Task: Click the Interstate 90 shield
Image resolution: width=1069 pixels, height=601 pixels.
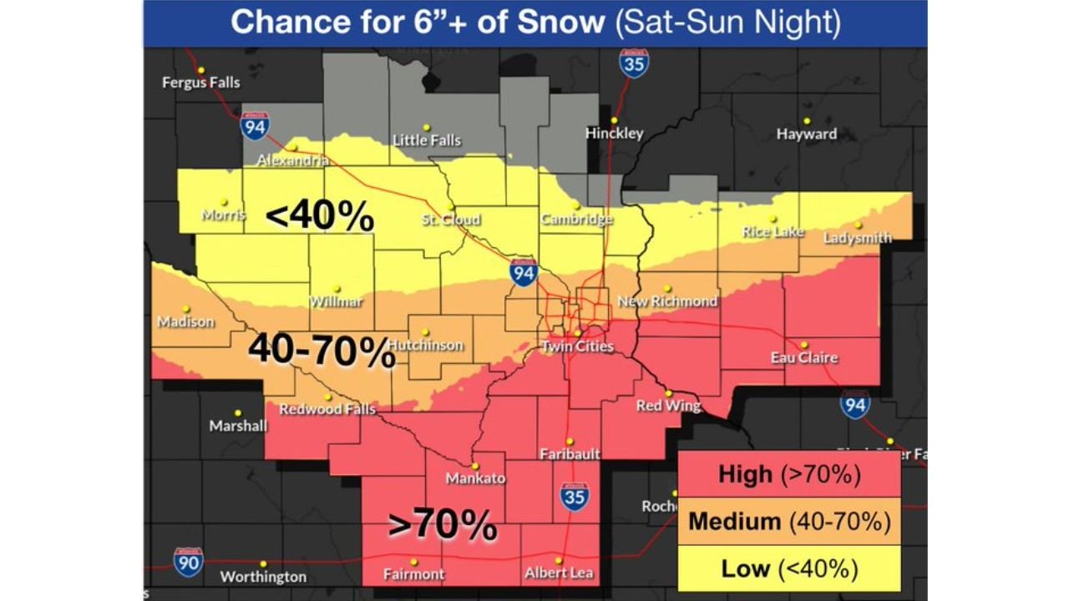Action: [x=189, y=562]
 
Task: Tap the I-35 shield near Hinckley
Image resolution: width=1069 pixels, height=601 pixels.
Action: [x=635, y=63]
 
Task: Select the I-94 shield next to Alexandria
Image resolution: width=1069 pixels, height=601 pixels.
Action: [x=254, y=125]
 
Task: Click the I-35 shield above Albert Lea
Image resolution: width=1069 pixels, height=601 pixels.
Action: [x=575, y=495]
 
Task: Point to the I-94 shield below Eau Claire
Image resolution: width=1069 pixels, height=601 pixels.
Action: [x=855, y=404]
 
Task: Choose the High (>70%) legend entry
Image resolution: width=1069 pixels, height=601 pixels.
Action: [x=788, y=475]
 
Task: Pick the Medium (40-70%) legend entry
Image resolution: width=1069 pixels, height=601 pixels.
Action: [x=788, y=522]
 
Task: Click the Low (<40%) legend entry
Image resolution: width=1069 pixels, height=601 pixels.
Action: [x=788, y=568]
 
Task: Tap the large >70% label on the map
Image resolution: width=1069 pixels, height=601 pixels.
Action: [x=443, y=525]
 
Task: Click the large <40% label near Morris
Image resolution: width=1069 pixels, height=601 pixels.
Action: [x=319, y=216]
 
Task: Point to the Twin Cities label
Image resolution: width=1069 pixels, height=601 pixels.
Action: [x=577, y=346]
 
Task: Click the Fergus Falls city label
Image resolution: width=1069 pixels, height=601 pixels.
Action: [x=200, y=82]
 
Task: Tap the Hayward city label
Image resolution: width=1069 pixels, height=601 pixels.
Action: [x=806, y=134]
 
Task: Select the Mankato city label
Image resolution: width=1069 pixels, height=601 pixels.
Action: [x=475, y=478]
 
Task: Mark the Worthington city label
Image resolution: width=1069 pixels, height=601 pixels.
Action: [x=263, y=577]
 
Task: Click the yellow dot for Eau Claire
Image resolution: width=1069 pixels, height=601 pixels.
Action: [x=803, y=344]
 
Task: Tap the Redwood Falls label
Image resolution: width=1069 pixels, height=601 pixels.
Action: [x=327, y=409]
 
